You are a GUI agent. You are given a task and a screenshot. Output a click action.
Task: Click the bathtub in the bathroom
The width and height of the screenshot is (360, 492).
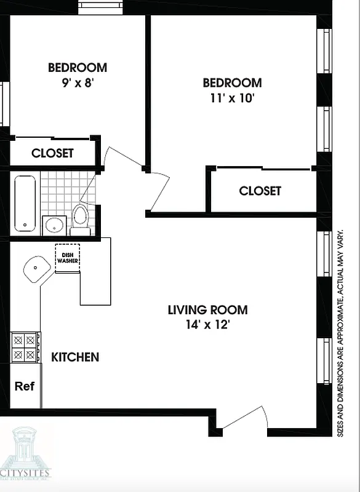point(25,204)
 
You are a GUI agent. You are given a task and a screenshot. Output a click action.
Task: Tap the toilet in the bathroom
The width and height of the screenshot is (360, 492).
point(80,218)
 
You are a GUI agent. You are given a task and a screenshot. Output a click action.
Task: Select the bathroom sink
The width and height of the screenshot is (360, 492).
point(55,224)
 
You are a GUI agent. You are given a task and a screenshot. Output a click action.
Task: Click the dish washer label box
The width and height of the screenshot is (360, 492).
point(67,256)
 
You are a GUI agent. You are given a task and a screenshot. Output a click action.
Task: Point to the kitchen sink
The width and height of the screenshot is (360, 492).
point(37,269)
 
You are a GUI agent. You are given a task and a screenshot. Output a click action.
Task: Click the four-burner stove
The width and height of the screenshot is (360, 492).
point(25,347)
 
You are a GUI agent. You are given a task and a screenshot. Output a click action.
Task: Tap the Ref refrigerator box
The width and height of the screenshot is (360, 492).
point(25,386)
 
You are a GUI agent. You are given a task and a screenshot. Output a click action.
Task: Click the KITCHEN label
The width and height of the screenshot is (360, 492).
point(74,357)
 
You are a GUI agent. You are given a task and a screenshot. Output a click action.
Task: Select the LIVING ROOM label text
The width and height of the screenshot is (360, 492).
point(207,309)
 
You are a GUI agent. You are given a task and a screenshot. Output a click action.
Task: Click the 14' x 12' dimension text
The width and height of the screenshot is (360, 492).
point(207,325)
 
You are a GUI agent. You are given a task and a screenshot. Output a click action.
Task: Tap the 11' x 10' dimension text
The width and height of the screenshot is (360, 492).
point(232,98)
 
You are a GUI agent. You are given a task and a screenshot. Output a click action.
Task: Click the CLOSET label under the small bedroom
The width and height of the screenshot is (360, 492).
point(52,153)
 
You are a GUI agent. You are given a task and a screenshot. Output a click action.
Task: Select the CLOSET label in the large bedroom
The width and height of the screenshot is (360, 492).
point(260,191)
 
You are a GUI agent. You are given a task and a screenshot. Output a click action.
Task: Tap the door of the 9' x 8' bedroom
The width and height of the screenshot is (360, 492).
point(123,159)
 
